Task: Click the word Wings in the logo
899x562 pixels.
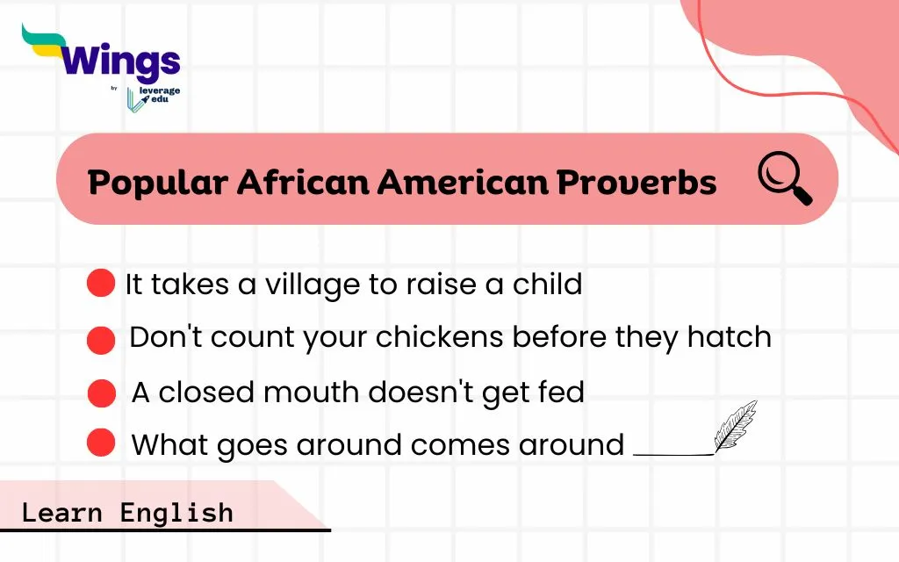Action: click(119, 62)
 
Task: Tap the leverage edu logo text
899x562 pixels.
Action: click(160, 95)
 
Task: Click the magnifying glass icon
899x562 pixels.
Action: click(784, 177)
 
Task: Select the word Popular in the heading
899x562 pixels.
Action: click(158, 183)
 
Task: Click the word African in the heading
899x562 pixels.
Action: click(303, 182)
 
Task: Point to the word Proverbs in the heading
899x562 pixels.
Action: click(636, 182)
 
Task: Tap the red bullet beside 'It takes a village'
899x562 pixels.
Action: click(101, 283)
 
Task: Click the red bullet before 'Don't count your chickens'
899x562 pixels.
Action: click(101, 340)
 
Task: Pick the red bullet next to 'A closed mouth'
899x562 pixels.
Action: click(102, 393)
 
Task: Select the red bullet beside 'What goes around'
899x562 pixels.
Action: click(101, 443)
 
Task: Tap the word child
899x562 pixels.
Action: click(547, 284)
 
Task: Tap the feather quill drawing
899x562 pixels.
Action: click(736, 426)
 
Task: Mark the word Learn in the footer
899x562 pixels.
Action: click(62, 513)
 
